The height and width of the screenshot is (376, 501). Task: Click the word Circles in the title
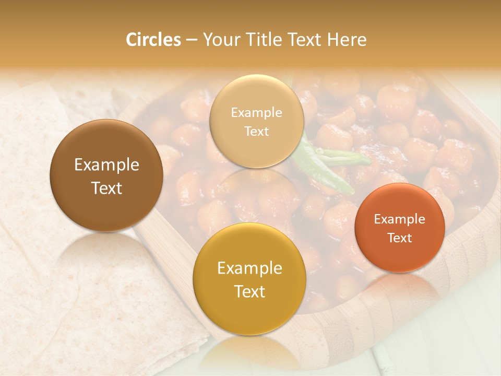(153, 40)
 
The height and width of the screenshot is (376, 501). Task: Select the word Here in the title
(347, 40)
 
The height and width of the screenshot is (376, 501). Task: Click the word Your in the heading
(220, 40)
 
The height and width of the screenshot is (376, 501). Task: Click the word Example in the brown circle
(106, 165)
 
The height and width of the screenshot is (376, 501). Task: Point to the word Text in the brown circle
(106, 188)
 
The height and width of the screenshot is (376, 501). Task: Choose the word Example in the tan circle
(256, 113)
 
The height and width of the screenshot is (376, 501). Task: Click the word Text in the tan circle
(256, 132)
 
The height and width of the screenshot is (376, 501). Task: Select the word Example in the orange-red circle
(400, 219)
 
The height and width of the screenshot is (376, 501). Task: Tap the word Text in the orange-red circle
(400, 238)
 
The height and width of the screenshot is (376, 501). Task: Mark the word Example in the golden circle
(249, 268)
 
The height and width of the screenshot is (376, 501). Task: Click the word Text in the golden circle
(249, 291)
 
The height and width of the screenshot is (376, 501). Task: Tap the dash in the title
(192, 40)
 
